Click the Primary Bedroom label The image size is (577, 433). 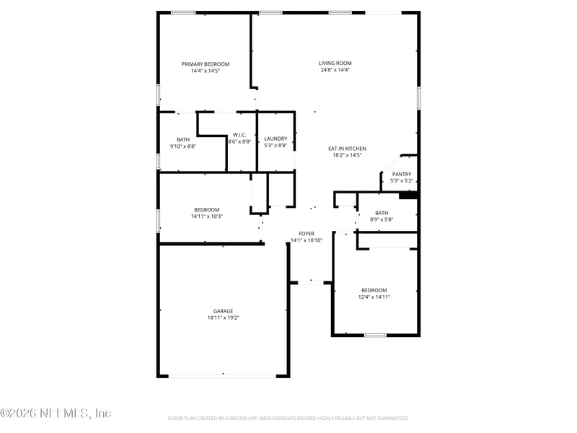[206, 64]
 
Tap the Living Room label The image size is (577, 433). [335, 63]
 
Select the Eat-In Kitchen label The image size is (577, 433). [347, 149]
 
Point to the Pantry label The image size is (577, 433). [402, 174]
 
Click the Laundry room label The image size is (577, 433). [276, 139]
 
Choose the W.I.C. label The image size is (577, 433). [239, 135]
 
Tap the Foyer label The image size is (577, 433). [307, 233]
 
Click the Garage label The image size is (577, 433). [224, 311]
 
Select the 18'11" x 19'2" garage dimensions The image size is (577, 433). [224, 318]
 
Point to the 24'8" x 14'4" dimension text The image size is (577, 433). [335, 69]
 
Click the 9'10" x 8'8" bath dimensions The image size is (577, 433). [183, 146]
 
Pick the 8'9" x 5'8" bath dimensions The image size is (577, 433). [382, 219]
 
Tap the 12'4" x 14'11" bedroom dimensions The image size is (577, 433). [374, 297]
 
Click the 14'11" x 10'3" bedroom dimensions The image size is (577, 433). [206, 216]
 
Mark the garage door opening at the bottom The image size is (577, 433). [222, 376]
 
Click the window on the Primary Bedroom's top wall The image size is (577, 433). [183, 13]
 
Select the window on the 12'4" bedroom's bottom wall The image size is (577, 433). [375, 335]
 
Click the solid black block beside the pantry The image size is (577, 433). [408, 196]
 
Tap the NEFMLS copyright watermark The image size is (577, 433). [56, 413]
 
